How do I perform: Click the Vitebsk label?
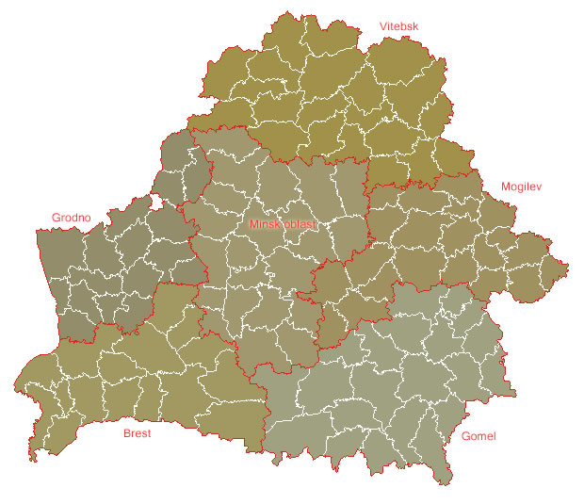(398, 26)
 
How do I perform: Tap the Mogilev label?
(522, 187)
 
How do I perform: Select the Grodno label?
(71, 218)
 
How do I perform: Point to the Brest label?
(138, 434)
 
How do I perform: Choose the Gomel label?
(478, 436)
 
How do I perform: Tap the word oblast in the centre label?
(301, 225)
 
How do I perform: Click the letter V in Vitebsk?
(383, 26)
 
